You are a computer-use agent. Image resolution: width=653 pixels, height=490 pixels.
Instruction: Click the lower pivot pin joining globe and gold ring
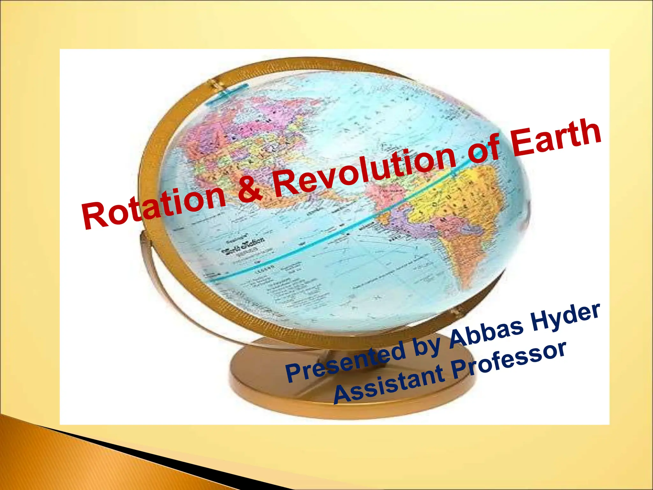click(456, 311)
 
